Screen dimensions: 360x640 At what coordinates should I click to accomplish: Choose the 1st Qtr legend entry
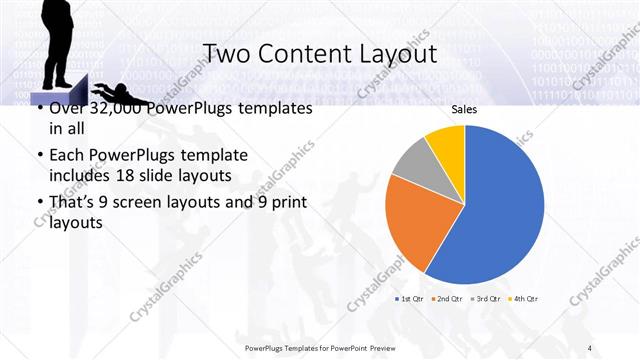(411, 299)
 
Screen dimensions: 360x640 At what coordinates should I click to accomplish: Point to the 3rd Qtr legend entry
(486, 299)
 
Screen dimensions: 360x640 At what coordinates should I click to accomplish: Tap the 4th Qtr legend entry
(523, 299)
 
